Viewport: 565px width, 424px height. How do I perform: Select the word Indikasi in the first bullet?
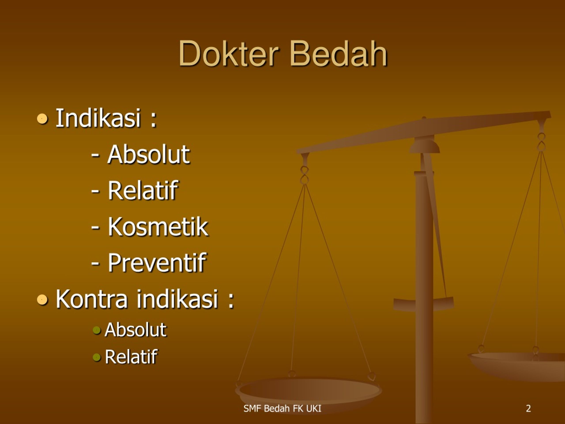click(x=98, y=118)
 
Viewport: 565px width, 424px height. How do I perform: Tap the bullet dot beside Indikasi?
click(x=42, y=119)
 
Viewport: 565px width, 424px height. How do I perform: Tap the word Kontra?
click(x=91, y=299)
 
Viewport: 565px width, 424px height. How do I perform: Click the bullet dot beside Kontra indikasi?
click(x=42, y=299)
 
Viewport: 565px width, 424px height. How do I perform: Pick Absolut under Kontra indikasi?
click(x=136, y=330)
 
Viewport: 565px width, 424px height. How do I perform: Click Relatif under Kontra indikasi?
click(x=131, y=356)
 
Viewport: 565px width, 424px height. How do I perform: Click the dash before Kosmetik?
click(x=95, y=227)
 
